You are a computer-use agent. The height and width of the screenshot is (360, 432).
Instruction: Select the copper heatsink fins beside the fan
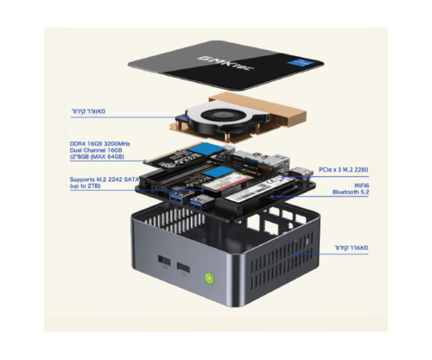[259, 121]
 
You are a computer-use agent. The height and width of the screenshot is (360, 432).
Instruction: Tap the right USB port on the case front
[184, 268]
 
